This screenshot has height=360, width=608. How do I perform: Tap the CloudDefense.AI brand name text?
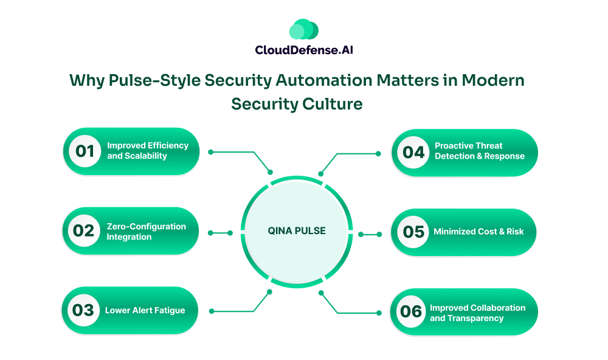pyautogui.click(x=304, y=50)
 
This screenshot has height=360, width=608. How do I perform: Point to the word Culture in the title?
pyautogui.click(x=332, y=104)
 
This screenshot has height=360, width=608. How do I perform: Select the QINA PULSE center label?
pyautogui.click(x=297, y=231)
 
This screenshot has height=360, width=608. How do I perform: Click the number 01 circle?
pyautogui.click(x=85, y=151)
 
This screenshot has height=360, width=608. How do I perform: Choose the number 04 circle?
pyautogui.click(x=413, y=152)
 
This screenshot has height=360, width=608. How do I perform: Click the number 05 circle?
pyautogui.click(x=413, y=232)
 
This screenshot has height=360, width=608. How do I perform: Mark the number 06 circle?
pyautogui.click(x=412, y=312)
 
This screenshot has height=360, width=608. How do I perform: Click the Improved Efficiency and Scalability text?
pyautogui.click(x=148, y=151)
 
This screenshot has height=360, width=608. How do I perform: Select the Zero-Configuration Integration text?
pyautogui.click(x=146, y=231)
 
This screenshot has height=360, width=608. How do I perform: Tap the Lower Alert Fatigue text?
pyautogui.click(x=145, y=311)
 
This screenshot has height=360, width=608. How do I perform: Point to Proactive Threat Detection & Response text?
pyautogui.click(x=479, y=151)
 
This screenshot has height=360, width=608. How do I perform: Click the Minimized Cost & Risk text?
pyautogui.click(x=477, y=232)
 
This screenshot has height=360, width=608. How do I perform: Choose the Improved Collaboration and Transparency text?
pyautogui.click(x=477, y=313)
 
